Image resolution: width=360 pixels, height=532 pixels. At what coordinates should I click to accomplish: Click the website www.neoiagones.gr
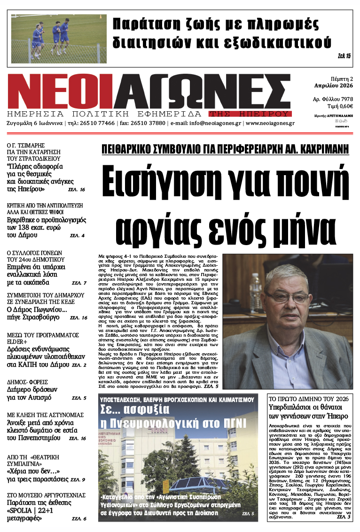coord(270,123)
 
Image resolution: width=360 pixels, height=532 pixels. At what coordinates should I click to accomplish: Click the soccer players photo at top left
coord(58,39)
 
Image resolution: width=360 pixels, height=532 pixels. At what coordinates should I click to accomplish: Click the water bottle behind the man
coord(256,291)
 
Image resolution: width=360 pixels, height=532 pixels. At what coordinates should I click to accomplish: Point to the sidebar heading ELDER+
coord(18,341)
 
